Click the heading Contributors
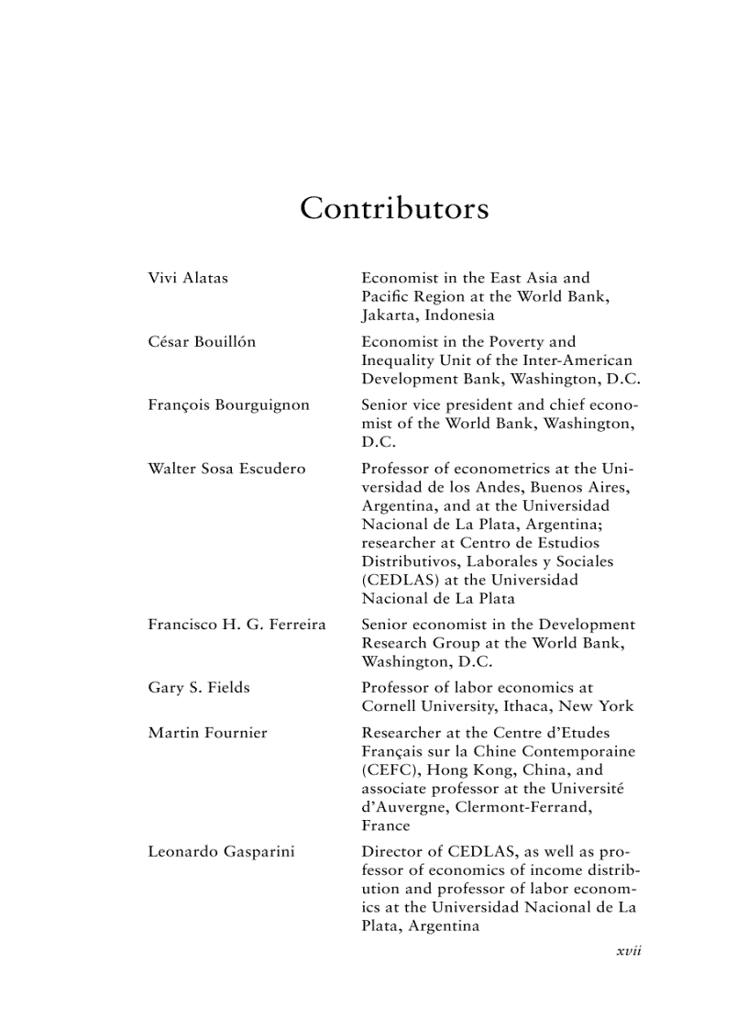pyautogui.click(x=394, y=209)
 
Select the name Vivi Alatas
pyautogui.click(x=188, y=278)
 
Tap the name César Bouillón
pyautogui.click(x=202, y=342)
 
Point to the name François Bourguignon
pyautogui.click(x=228, y=405)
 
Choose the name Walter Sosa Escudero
pyautogui.click(x=226, y=469)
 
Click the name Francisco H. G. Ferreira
pyautogui.click(x=236, y=625)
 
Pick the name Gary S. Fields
pyautogui.click(x=198, y=688)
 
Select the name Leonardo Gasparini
pyautogui.click(x=221, y=852)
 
